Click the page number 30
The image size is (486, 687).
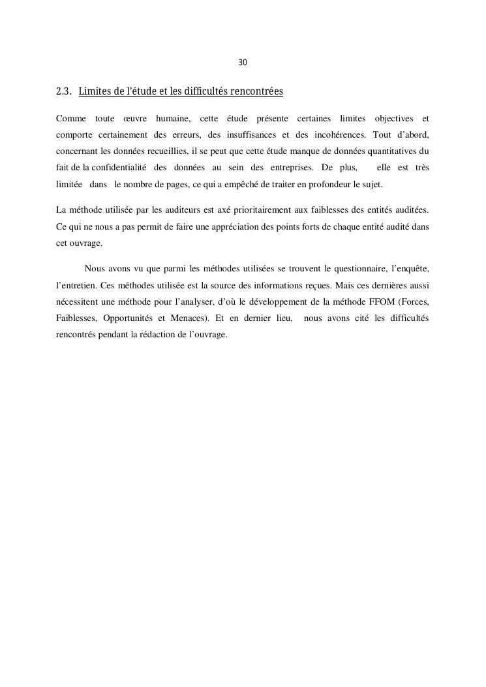click(243, 63)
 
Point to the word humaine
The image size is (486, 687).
click(171, 118)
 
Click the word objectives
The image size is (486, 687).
click(393, 118)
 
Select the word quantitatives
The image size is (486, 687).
click(388, 151)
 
